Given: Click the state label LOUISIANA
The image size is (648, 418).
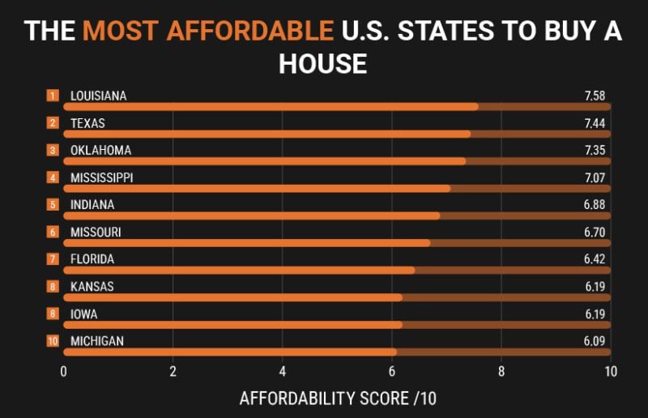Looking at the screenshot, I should click(98, 96).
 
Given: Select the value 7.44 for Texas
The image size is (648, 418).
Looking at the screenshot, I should click(595, 123).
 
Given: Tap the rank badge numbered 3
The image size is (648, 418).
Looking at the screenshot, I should click(53, 151).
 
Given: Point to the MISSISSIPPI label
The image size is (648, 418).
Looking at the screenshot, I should click(101, 177).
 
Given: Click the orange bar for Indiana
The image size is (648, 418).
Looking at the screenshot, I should click(251, 215).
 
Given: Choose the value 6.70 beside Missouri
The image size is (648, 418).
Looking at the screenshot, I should click(595, 232).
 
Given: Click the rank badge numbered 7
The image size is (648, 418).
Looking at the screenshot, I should click(53, 259).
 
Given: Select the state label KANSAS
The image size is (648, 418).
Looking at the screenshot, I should click(92, 287).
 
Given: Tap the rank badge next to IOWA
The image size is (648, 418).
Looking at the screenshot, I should click(53, 314).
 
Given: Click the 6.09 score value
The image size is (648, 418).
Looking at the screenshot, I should click(595, 341).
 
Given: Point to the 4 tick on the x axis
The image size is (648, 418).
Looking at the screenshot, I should click(282, 372).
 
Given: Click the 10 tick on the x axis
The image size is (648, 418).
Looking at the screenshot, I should click(610, 372).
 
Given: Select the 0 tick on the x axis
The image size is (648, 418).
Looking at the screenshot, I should click(63, 372).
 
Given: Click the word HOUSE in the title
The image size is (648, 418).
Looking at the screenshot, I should click(323, 63).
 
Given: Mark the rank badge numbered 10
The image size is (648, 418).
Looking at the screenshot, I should click(53, 341).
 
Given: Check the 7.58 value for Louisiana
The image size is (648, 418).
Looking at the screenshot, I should click(595, 96).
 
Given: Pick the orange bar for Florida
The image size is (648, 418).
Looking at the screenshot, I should click(239, 270).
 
